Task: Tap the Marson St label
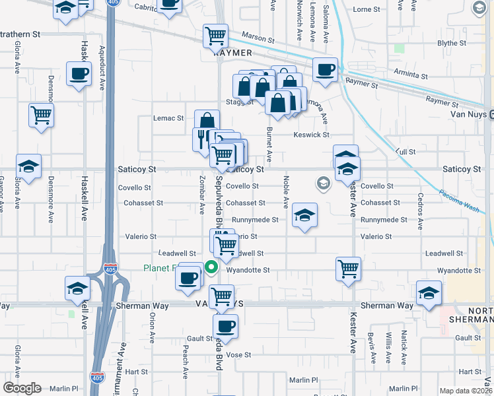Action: point(257,40)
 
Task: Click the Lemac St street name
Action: point(168,118)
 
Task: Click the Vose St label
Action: point(238,354)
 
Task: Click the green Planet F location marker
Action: point(211,267)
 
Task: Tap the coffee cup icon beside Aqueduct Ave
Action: point(79,74)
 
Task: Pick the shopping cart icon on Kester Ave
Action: point(348,269)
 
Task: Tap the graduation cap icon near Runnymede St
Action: point(304,215)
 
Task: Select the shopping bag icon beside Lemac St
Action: point(207,121)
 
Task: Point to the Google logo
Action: point(22,388)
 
